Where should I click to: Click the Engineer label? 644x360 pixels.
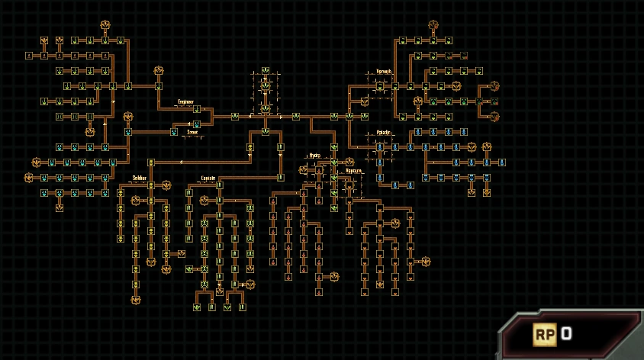[x=185, y=101]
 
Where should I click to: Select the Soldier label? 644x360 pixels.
[x=138, y=178]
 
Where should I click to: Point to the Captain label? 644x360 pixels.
[x=208, y=178]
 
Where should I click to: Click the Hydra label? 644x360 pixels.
[x=314, y=155]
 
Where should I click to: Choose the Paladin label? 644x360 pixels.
[x=383, y=132]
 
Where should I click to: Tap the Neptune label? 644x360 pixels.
[x=353, y=171]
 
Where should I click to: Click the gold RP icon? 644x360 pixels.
[x=544, y=333]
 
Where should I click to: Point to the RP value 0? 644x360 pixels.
[x=566, y=333]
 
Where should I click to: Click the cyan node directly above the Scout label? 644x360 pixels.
[x=196, y=124]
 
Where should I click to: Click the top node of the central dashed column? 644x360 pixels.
[x=265, y=71]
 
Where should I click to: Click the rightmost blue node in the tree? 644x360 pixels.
[x=502, y=162]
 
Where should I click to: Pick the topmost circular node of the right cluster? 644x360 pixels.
[x=433, y=24]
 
